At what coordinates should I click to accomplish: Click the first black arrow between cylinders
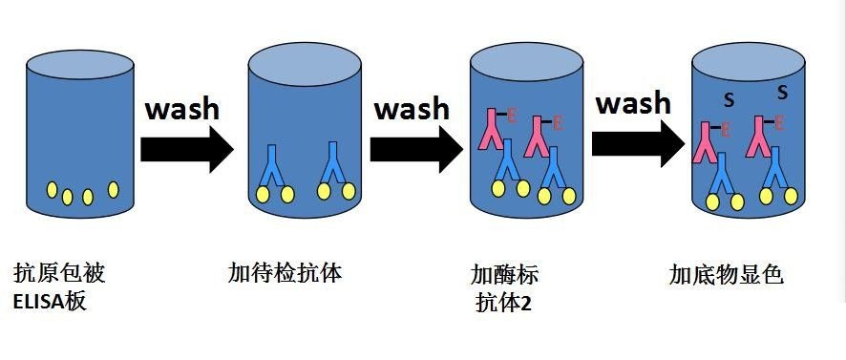186,148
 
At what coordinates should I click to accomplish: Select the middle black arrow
416,148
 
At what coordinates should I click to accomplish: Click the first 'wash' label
181,107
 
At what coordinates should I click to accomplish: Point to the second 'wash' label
411,107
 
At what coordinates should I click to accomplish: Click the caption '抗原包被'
58,274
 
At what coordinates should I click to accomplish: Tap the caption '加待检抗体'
285,274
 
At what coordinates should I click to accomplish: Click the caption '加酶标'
504,276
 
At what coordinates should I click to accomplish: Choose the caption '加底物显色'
726,276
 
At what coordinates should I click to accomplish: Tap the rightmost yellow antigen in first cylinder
114,189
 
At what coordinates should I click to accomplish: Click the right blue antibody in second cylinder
334,162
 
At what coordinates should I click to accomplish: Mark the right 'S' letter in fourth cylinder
782,94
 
